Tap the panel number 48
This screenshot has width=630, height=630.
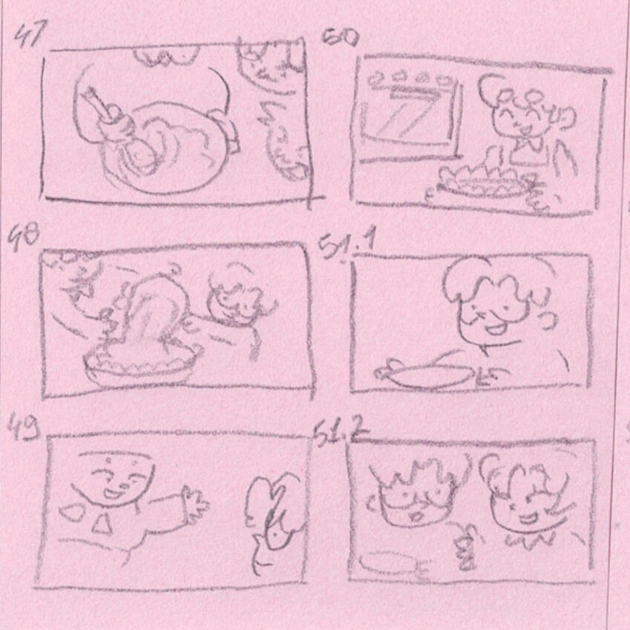(x=23, y=238)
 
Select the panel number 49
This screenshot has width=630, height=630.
(x=24, y=427)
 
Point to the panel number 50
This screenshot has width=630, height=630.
(x=340, y=38)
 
